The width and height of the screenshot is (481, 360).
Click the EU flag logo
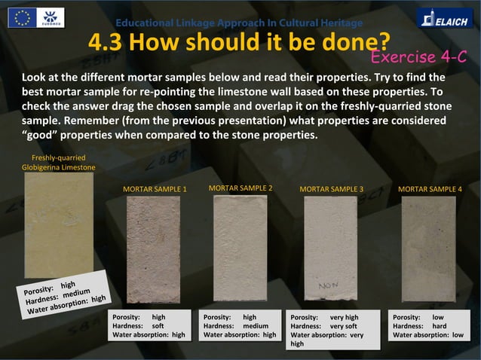[22, 17]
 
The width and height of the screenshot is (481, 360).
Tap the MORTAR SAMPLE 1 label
[155, 189]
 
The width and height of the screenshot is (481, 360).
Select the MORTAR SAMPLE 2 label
[240, 187]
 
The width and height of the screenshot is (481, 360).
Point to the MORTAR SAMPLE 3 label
[332, 189]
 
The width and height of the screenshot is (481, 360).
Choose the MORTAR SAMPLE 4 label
[429, 189]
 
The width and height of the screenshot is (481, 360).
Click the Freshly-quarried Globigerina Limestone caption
[58, 162]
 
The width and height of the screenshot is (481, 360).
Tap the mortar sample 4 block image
[428, 249]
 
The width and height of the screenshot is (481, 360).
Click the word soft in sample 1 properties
[158, 326]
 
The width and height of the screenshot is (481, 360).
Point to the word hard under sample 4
[439, 326]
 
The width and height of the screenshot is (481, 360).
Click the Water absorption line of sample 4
[428, 335]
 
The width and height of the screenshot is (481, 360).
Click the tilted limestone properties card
[64, 294]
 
